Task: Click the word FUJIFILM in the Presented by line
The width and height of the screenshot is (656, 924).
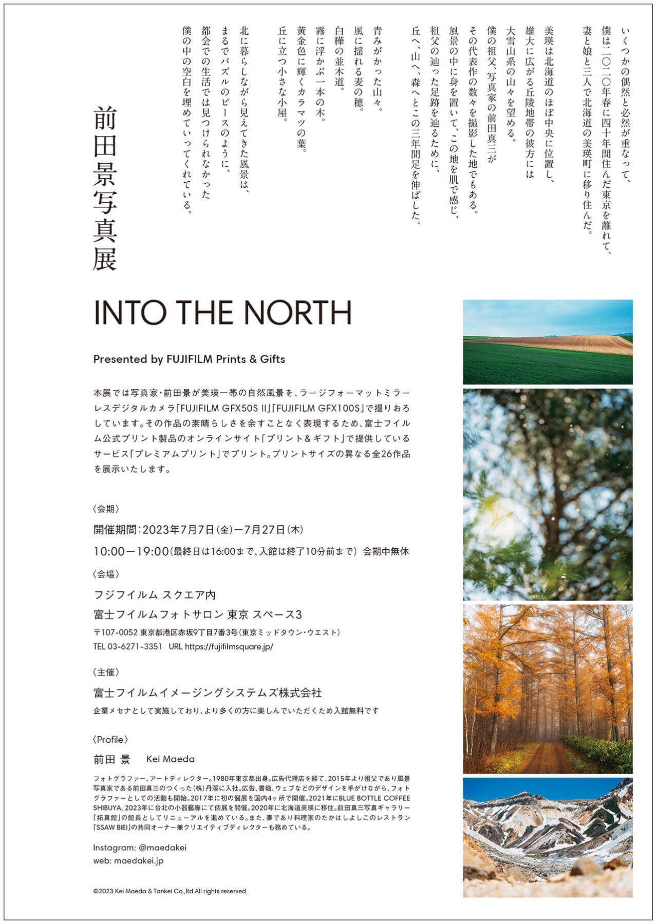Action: [189, 359]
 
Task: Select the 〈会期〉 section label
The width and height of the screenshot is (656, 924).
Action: [106, 509]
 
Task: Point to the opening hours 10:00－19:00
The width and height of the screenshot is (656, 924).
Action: [131, 551]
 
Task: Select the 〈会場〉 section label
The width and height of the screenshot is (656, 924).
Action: [106, 574]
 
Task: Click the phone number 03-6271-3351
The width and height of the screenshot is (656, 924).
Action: [135, 647]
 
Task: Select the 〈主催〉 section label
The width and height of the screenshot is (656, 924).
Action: [106, 672]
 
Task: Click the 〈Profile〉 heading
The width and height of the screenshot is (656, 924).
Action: [110, 740]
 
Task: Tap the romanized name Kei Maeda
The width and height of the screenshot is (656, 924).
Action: [171, 759]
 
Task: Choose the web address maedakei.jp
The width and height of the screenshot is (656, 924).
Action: [139, 861]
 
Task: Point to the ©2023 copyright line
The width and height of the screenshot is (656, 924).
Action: [170, 891]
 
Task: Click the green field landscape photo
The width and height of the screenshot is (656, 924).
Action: [548, 342]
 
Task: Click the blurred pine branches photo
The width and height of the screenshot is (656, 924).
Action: [548, 494]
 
